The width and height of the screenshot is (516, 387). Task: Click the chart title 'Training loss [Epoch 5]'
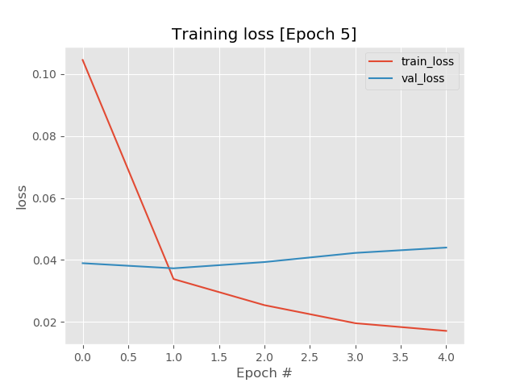(264, 34)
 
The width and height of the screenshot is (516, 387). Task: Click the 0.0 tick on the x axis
(82, 356)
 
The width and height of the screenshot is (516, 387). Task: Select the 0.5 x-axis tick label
(128, 356)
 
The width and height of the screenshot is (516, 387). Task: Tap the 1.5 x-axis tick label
(218, 356)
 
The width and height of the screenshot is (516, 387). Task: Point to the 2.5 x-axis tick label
(310, 356)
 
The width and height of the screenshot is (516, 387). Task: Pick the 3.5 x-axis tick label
(401, 356)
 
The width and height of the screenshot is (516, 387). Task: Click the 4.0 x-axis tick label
(446, 356)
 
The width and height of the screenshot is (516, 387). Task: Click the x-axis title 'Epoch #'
(264, 373)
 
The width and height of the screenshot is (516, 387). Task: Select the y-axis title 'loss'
(22, 197)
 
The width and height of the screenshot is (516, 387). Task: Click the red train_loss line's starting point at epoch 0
(82, 60)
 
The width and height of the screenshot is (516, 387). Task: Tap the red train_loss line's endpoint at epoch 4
(446, 331)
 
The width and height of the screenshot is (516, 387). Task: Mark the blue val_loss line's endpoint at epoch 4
(446, 248)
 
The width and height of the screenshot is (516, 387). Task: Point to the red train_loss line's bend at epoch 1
(173, 279)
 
